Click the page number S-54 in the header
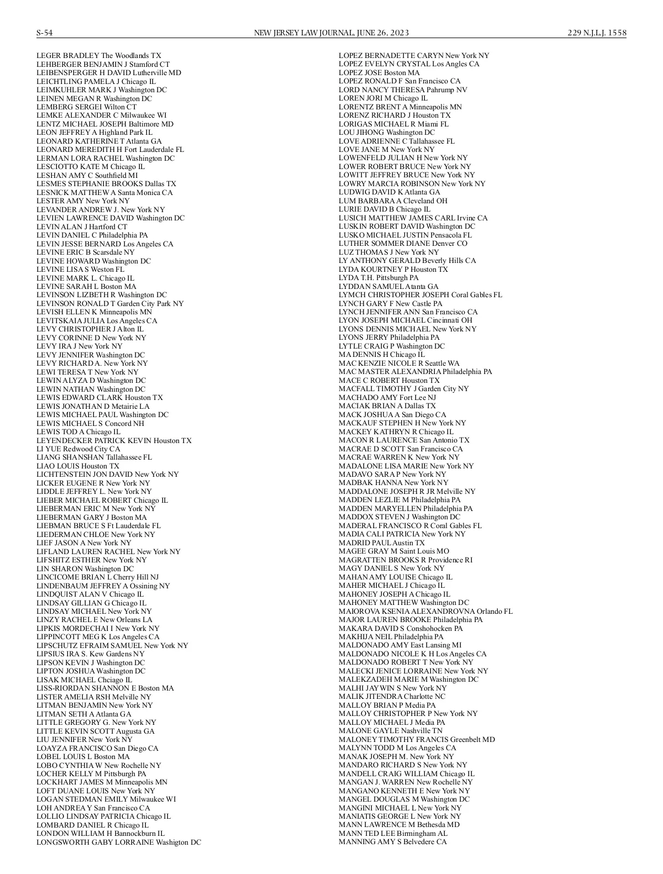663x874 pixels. pyautogui.click(x=45, y=33)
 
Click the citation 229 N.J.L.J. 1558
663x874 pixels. pyautogui.click(x=597, y=33)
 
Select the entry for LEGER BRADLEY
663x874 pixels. pyautogui.click(x=99, y=56)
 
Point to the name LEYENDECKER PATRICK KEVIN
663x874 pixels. pyautogui.click(x=94, y=441)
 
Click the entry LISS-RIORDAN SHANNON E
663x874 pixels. pyautogui.click(x=105, y=688)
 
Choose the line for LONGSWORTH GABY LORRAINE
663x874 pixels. pyautogui.click(x=119, y=843)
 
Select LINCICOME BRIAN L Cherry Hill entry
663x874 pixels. pyautogui.click(x=97, y=577)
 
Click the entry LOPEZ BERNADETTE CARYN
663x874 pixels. pyautogui.click(x=414, y=56)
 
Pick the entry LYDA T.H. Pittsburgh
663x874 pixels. pyautogui.click(x=378, y=278)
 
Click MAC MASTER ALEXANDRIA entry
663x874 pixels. pyautogui.click(x=415, y=372)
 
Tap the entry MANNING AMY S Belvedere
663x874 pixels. pyautogui.click(x=393, y=842)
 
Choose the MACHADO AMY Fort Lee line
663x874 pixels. pyautogui.click(x=387, y=398)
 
